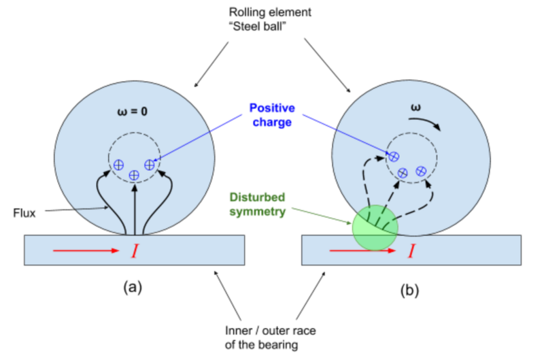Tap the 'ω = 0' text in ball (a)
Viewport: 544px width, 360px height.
(x=132, y=108)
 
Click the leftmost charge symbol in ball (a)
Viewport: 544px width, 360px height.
(x=118, y=165)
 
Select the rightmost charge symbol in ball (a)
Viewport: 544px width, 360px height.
(x=150, y=165)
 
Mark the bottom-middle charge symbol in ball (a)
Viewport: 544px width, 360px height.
(x=134, y=176)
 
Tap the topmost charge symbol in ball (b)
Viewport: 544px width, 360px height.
(x=392, y=157)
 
